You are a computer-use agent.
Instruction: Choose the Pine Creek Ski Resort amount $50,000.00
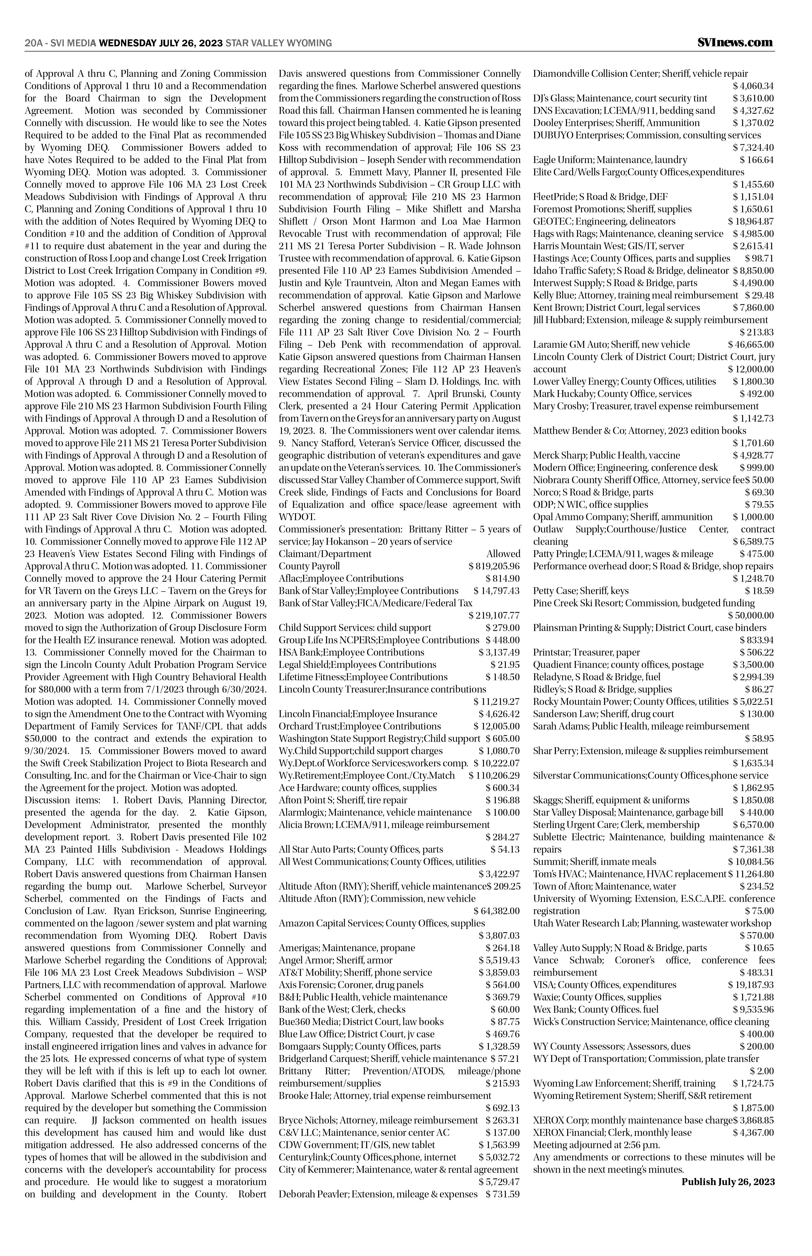coord(751,615)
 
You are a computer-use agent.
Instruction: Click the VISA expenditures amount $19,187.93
coord(751,985)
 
